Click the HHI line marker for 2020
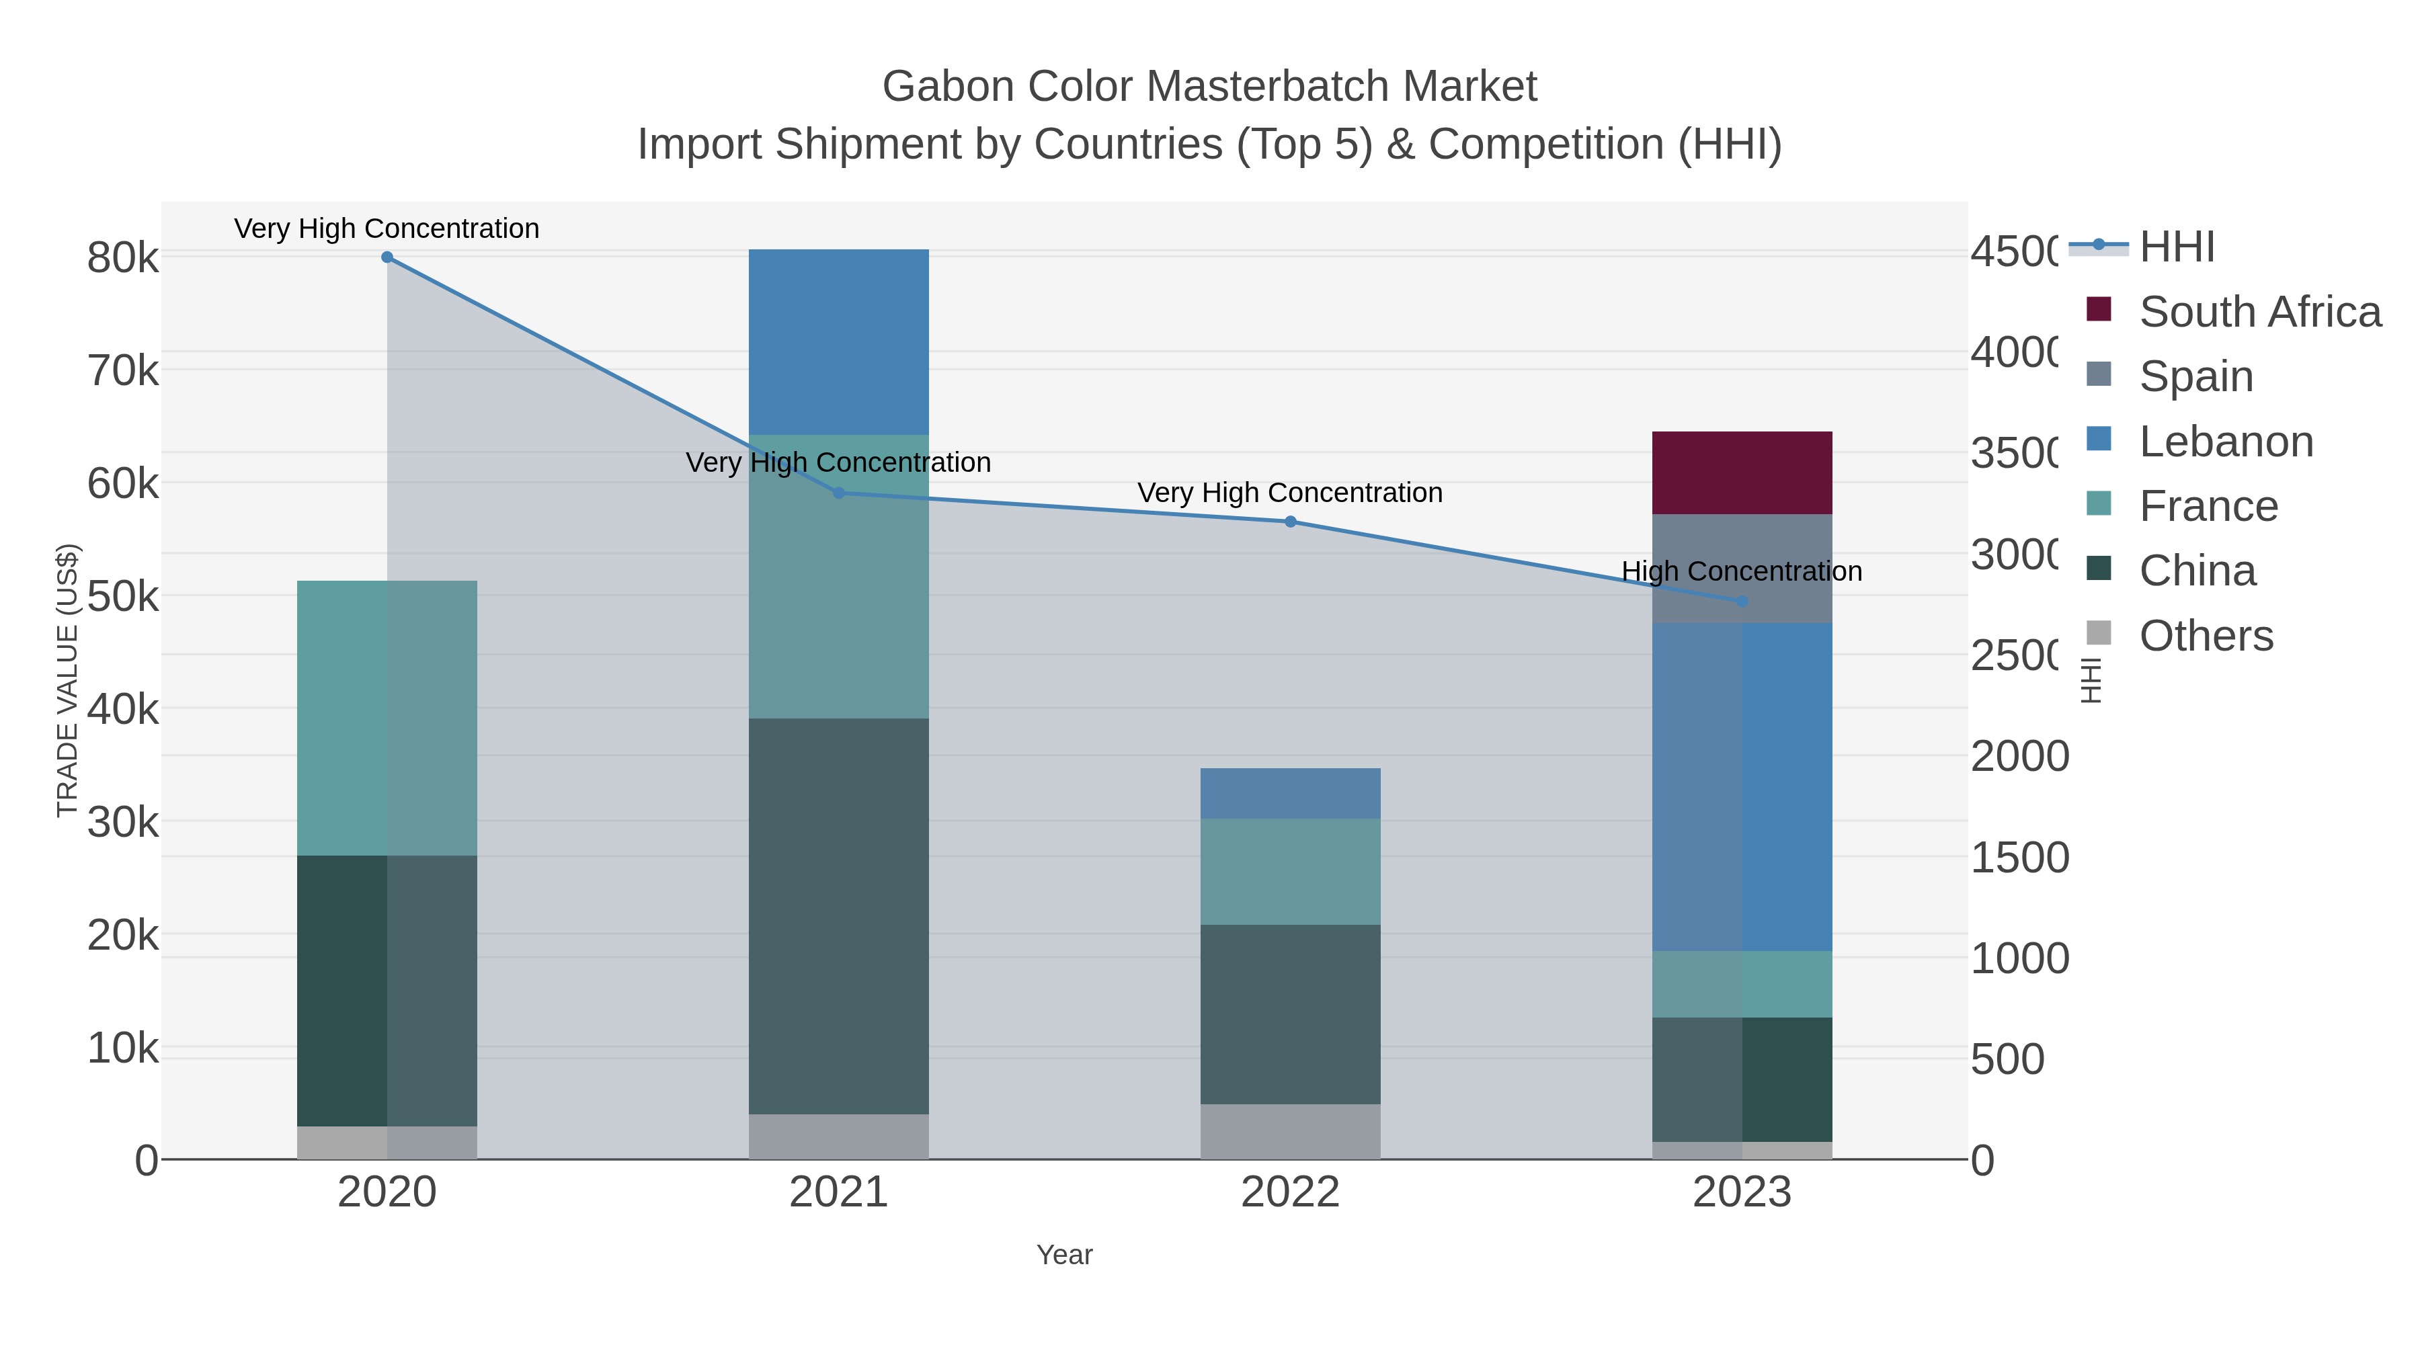387,257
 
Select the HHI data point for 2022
1290,522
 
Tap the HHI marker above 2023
1742,601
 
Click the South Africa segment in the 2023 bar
1742,472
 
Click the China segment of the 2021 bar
838,916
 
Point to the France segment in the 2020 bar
387,718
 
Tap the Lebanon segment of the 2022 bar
1290,793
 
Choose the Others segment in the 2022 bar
1290,1131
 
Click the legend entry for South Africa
2259,312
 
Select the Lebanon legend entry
2226,442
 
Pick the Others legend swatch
2098,633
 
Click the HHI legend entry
2177,247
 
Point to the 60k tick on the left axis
123,484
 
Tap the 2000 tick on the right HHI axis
2019,756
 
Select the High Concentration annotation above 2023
1741,571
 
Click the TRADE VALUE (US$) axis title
68,680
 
